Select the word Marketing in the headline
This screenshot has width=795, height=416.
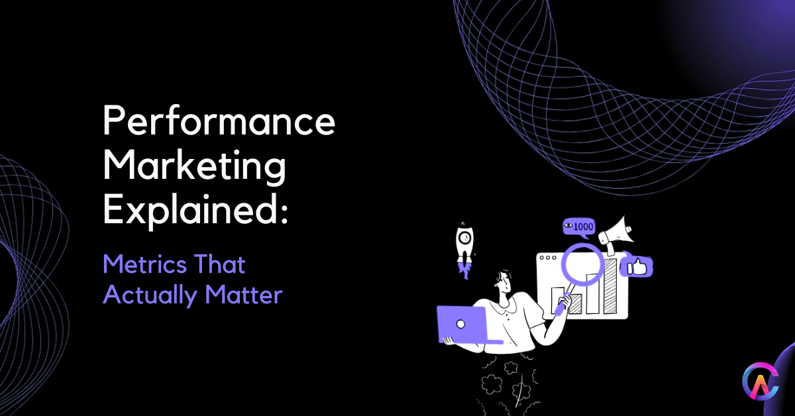pyautogui.click(x=195, y=167)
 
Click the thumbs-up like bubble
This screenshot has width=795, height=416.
pyautogui.click(x=639, y=267)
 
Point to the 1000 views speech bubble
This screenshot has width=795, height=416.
pyautogui.click(x=578, y=227)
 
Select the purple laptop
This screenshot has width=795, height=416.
pyautogui.click(x=461, y=324)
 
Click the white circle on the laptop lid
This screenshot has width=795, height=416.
pyautogui.click(x=461, y=324)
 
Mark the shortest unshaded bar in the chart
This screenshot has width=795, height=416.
pyautogui.click(x=557, y=301)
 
